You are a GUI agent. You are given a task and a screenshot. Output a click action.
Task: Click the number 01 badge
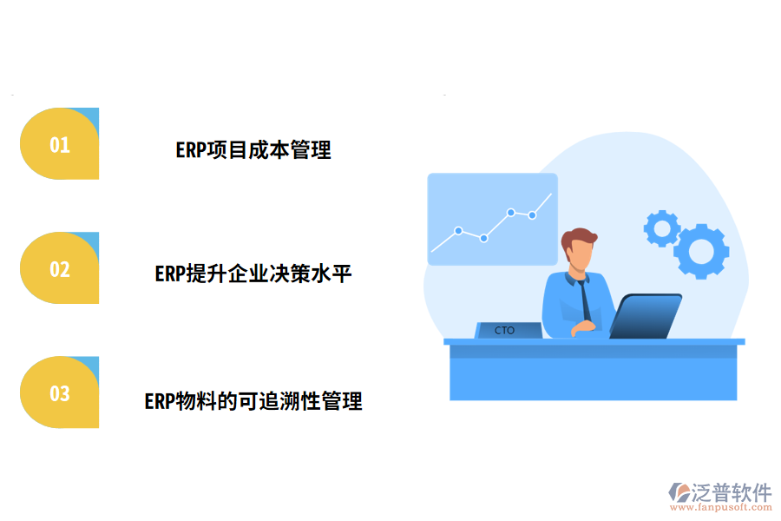pos(59,144)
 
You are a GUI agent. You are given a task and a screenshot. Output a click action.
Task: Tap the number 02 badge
pos(59,268)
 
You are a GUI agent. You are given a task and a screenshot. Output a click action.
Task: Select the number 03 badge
pos(59,393)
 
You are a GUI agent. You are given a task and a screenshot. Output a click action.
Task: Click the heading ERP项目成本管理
pos(253,149)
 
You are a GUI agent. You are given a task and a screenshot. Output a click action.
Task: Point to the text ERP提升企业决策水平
pos(253,274)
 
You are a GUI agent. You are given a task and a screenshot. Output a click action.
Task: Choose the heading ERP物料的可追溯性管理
pos(253,401)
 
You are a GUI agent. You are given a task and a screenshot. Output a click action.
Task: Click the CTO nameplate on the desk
pos(507,331)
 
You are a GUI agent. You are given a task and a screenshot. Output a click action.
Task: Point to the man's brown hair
pos(579,238)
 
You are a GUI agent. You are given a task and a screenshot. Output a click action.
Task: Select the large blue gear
pos(701,251)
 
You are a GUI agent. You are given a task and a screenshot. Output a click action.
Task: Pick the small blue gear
pos(662,228)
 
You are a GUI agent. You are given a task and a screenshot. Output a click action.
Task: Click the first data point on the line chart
pos(458,231)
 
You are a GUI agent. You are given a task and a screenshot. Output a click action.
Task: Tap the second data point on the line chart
pos(484,238)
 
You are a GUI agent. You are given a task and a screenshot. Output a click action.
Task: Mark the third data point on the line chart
pos(511,212)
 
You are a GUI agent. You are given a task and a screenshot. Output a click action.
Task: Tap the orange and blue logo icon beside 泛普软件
pos(678,493)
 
